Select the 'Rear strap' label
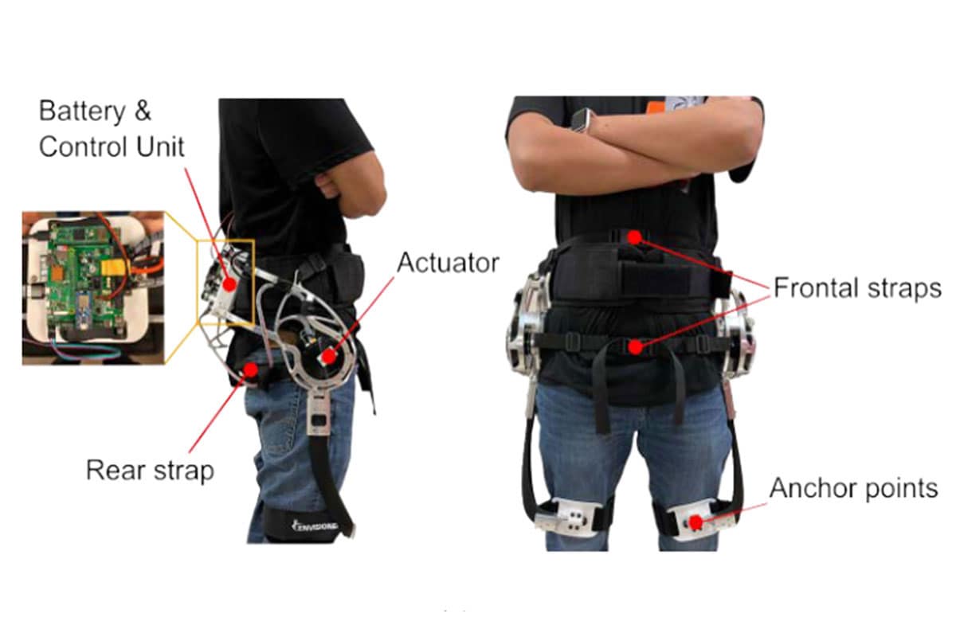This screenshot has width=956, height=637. pyautogui.click(x=150, y=470)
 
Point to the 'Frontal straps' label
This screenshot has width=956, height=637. pyautogui.click(x=856, y=288)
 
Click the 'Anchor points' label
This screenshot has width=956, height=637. pyautogui.click(x=853, y=487)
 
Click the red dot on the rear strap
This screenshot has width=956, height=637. pyautogui.click(x=251, y=369)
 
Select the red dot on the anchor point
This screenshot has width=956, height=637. pyautogui.click(x=695, y=522)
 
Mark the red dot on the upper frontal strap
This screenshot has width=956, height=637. pyautogui.click(x=633, y=236)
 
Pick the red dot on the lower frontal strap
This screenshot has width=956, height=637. pyautogui.click(x=635, y=346)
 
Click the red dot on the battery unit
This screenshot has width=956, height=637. pyautogui.click(x=228, y=283)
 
